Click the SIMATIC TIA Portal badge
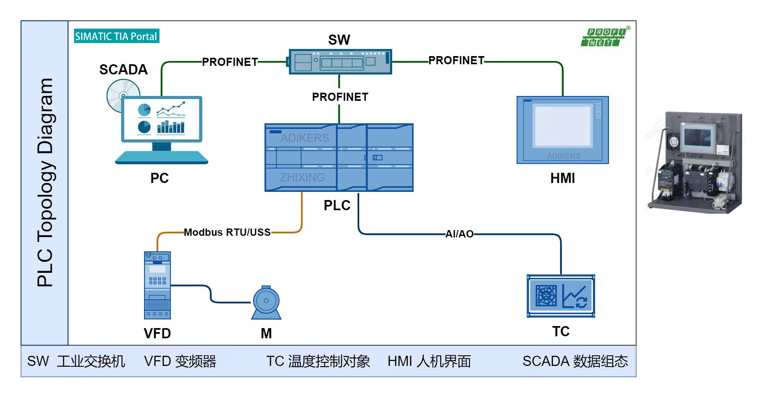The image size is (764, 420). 116,36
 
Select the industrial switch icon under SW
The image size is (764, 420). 340,62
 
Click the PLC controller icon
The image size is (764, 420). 339,157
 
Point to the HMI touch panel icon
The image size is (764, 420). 563,130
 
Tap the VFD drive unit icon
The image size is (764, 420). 157,285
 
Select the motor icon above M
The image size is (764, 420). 266,302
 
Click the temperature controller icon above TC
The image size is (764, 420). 561,296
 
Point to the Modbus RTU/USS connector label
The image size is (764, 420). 227,232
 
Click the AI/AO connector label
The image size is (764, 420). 459,234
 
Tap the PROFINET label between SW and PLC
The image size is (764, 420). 340,97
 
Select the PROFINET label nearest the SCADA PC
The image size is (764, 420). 230,62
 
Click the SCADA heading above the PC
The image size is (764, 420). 123,70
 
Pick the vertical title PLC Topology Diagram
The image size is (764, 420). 45,183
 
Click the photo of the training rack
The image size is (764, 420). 696,162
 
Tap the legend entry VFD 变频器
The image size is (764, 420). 180,361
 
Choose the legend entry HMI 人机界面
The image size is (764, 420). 429,361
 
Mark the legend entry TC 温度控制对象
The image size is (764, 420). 318,361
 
